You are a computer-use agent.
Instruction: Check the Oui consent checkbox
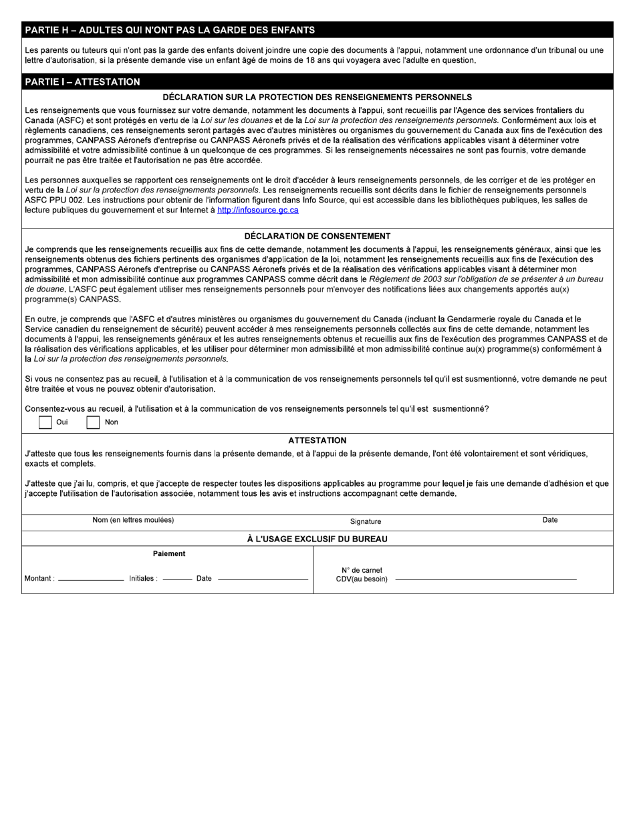[45, 422]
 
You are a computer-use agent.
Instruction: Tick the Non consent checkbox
[94, 422]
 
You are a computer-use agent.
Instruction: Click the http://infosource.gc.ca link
[258, 210]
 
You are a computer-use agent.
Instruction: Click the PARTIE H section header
[170, 30]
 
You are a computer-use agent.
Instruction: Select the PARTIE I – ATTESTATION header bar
[83, 82]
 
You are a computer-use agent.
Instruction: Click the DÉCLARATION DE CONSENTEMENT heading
[317, 236]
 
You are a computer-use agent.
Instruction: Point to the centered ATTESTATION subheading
[317, 440]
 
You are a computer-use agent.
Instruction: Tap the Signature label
[366, 521]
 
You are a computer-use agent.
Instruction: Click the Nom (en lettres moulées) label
[133, 520]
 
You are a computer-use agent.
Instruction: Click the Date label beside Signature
[550, 520]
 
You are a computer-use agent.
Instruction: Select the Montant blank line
[91, 579]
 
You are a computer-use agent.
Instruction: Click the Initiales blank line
[177, 579]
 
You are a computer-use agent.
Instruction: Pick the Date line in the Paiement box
[263, 579]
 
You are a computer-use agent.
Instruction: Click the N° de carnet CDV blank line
[486, 579]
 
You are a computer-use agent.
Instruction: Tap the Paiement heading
[169, 554]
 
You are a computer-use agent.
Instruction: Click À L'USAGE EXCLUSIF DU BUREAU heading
[317, 539]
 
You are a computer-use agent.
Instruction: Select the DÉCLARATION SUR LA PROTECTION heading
[317, 98]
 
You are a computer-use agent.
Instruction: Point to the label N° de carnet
[362, 571]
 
